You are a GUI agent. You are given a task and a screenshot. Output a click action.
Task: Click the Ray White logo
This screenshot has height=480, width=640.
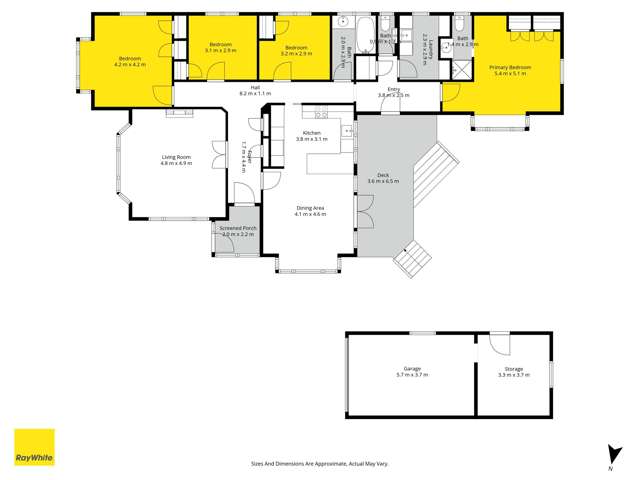click(x=34, y=447)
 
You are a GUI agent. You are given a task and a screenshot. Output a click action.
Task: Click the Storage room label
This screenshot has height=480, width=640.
click(x=512, y=372)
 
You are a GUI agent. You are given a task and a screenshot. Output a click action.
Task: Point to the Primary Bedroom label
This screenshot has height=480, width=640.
click(x=510, y=70)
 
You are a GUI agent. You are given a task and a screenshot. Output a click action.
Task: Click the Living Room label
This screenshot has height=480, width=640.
click(x=176, y=158)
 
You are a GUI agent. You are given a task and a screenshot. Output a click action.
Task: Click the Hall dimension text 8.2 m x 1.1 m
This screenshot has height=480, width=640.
click(x=256, y=93)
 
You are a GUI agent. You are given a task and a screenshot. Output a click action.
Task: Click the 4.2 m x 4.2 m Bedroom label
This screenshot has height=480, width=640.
click(x=131, y=61)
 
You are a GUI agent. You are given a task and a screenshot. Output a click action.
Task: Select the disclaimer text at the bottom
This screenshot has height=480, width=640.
click(x=319, y=463)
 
